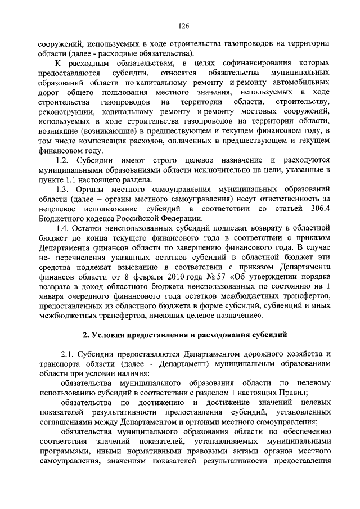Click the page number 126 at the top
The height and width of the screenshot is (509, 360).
(183, 26)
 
